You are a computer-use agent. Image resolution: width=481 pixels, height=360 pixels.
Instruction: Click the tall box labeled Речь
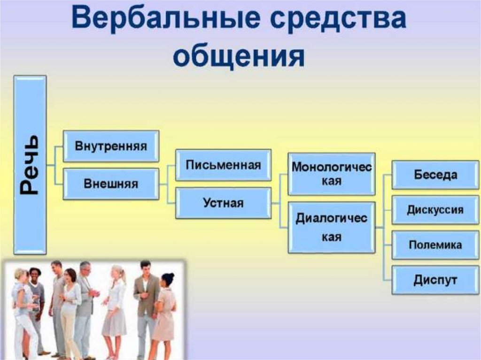(x=30, y=164)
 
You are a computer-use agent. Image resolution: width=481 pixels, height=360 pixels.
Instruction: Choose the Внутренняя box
(x=111, y=146)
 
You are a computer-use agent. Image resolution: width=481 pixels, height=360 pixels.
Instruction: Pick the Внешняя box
(x=111, y=184)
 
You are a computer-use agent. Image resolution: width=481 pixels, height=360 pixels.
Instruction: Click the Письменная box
(x=223, y=165)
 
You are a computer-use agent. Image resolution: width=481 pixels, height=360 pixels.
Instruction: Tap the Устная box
(x=223, y=203)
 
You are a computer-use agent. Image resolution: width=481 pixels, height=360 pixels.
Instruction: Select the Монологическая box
(x=331, y=174)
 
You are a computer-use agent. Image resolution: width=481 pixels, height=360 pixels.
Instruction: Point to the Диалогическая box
(x=331, y=228)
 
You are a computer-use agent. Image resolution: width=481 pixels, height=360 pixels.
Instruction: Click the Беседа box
(x=435, y=175)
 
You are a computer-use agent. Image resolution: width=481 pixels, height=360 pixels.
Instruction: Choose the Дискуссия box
(x=435, y=209)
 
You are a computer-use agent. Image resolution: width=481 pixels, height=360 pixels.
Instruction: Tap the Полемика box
(x=435, y=245)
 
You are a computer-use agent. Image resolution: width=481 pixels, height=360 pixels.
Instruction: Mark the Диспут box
(x=435, y=280)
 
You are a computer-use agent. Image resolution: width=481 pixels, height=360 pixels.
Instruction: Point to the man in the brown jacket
(x=146, y=300)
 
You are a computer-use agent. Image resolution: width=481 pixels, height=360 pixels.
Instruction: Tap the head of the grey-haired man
(x=85, y=268)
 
